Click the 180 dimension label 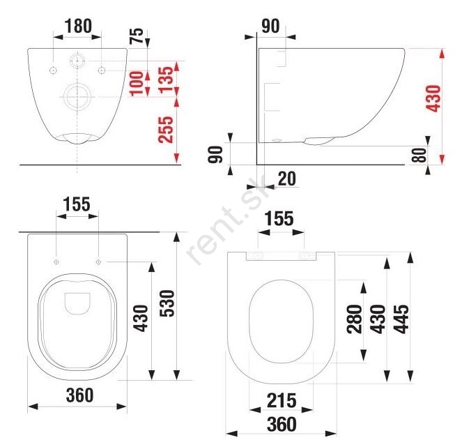click(78, 26)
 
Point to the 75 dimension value click(137, 36)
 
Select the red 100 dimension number click(137, 84)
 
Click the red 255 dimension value click(165, 130)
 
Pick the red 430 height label click(434, 98)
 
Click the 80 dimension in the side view click(420, 155)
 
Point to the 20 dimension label click(286, 179)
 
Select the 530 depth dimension click(167, 303)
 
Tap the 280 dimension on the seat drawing click(354, 319)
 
